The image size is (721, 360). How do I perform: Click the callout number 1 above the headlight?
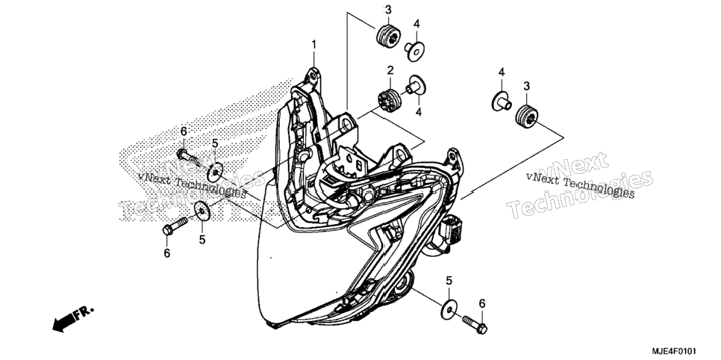tap(314, 45)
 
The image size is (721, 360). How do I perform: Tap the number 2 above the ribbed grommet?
tap(390, 70)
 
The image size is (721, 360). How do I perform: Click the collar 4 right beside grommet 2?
tap(415, 85)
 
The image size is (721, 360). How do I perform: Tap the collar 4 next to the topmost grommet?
tap(414, 51)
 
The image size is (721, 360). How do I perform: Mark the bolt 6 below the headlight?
tap(475, 324)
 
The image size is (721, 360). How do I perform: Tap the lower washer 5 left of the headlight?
tap(202, 211)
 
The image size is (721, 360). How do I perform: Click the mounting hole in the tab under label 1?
tap(312, 74)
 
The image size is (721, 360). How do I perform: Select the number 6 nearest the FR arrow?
tap(167, 252)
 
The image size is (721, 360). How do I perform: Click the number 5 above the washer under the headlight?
tap(449, 281)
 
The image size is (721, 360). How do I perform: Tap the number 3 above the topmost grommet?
tap(388, 10)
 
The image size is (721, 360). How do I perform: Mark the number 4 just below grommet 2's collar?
tap(419, 112)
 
